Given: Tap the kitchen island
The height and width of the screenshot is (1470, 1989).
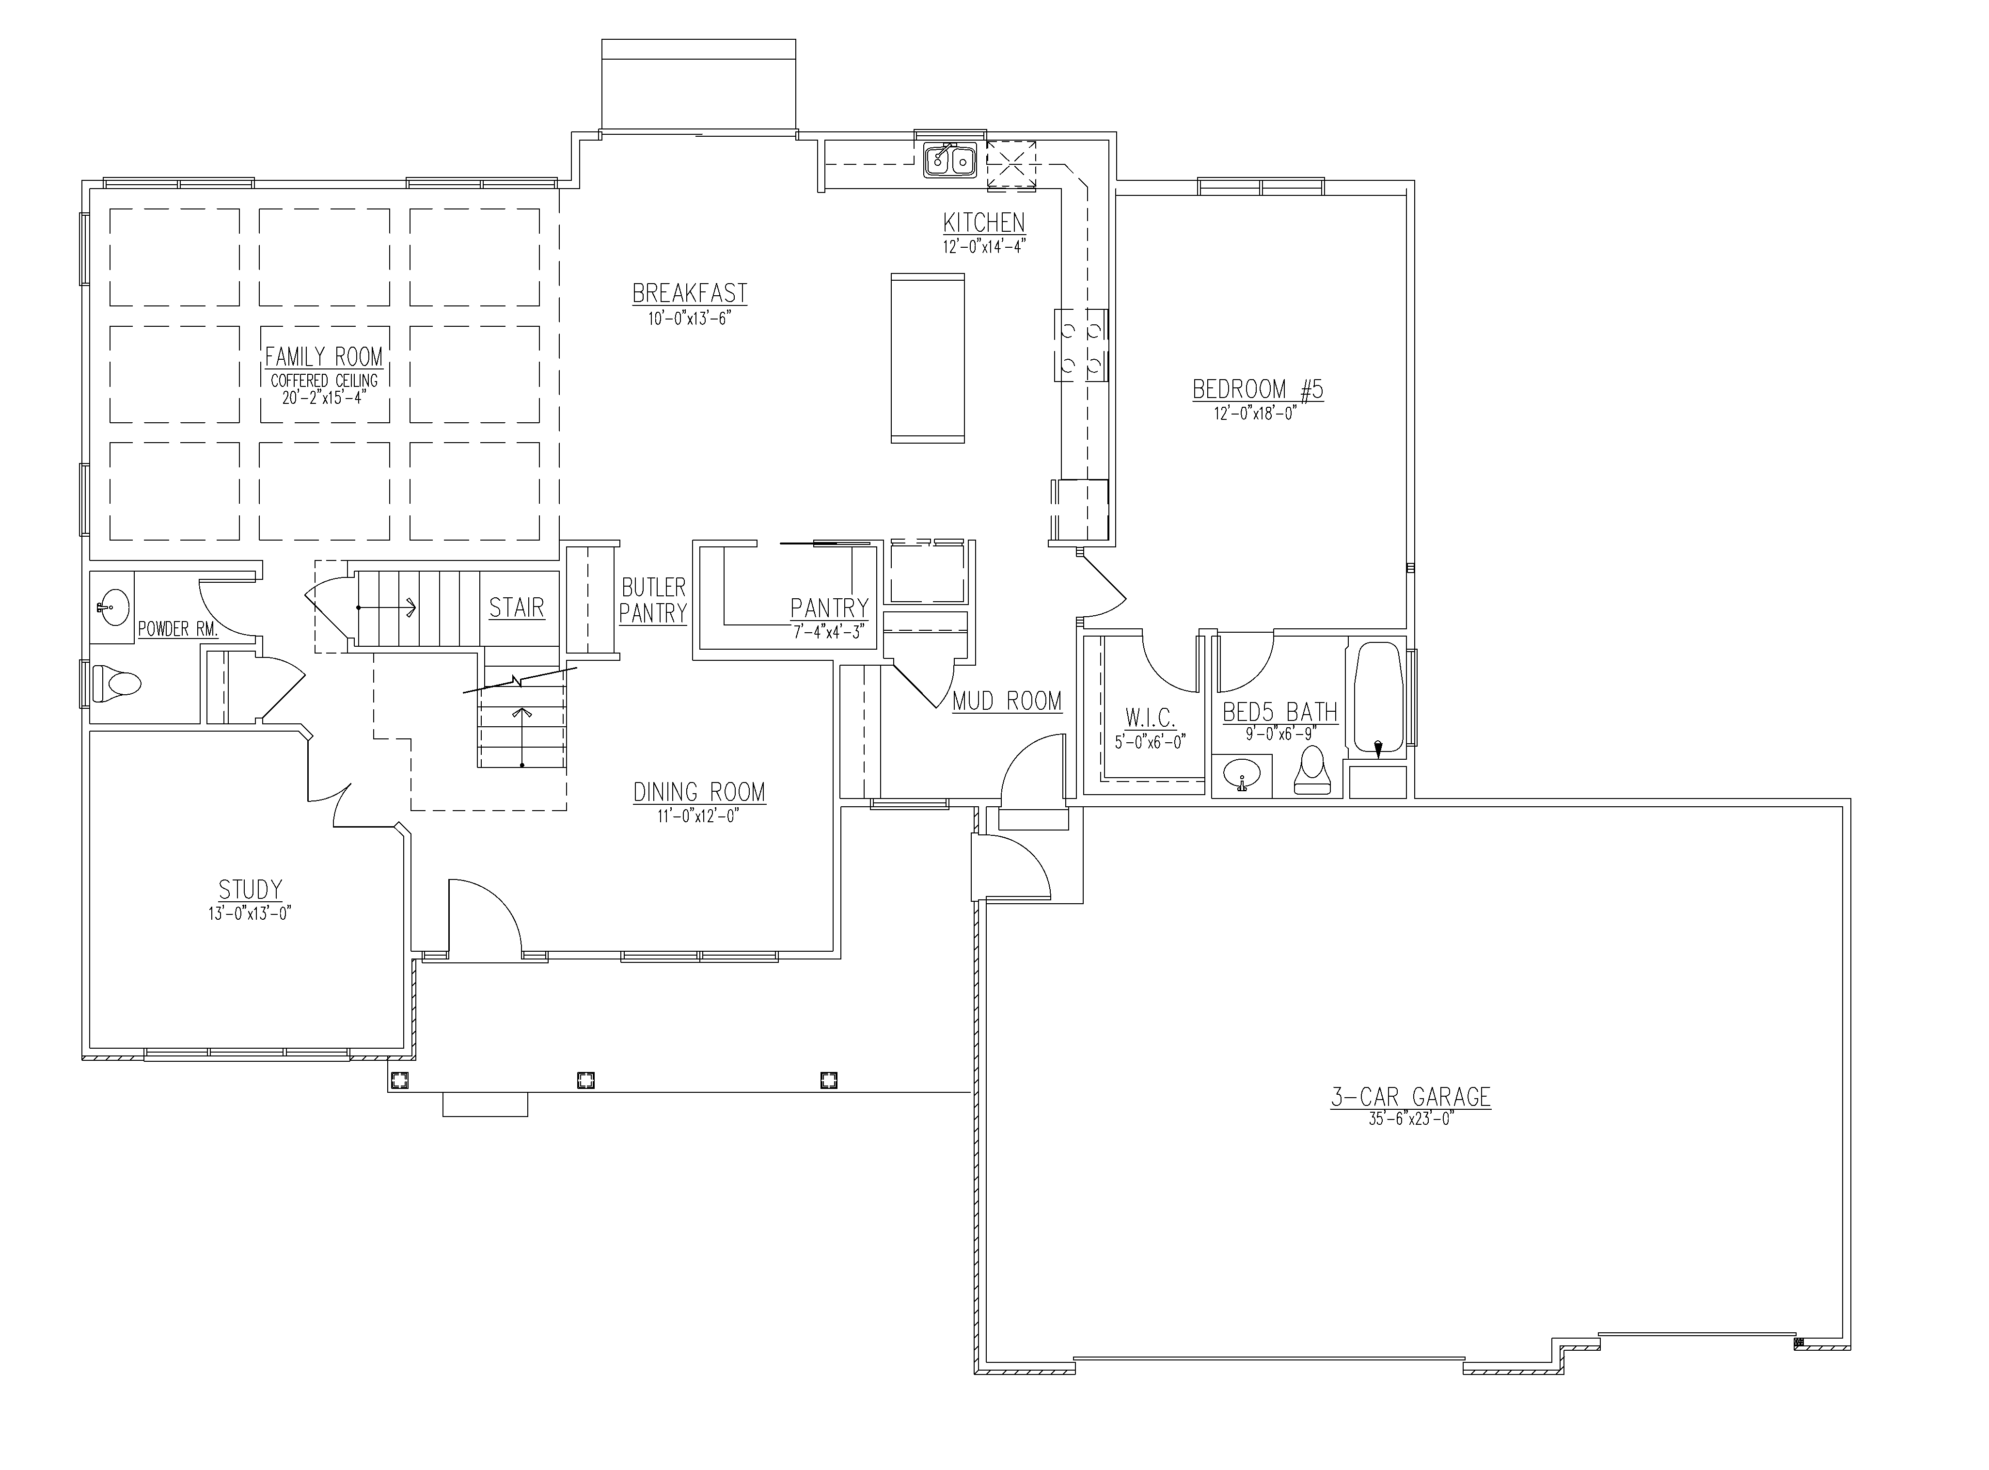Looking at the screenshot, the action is click(928, 358).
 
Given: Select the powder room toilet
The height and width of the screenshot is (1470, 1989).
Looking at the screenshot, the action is click(116, 684).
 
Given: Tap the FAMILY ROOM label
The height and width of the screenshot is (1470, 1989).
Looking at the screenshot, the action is click(324, 357).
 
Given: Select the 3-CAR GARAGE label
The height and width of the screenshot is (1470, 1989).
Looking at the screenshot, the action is click(1411, 1097).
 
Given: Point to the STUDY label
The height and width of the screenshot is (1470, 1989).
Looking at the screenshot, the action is click(251, 889).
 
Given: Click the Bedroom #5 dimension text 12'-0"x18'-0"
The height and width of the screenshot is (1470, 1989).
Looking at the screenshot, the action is click(1257, 413).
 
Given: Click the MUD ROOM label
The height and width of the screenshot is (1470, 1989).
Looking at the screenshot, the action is click(1007, 701).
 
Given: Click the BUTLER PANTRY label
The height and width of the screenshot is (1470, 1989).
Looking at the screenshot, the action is click(654, 600).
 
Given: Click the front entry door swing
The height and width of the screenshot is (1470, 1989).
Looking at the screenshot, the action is click(485, 916).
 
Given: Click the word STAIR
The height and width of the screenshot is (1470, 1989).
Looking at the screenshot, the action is click(517, 608).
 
